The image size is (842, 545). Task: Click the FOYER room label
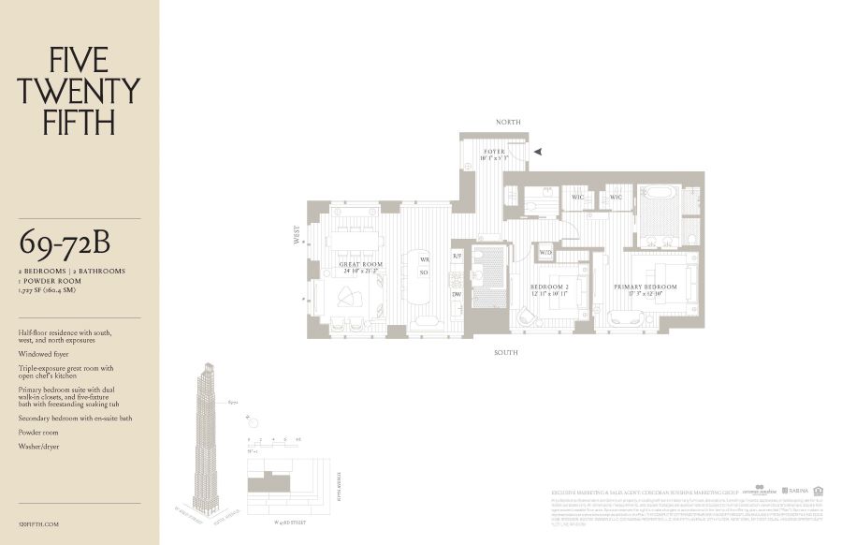[493, 151]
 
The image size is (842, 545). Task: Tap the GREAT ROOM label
[361, 265]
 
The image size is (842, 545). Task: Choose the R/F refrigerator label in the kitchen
[457, 256]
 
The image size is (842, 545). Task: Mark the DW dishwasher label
[457, 294]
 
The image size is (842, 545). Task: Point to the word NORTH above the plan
[509, 122]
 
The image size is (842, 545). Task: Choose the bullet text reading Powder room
[38, 433]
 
